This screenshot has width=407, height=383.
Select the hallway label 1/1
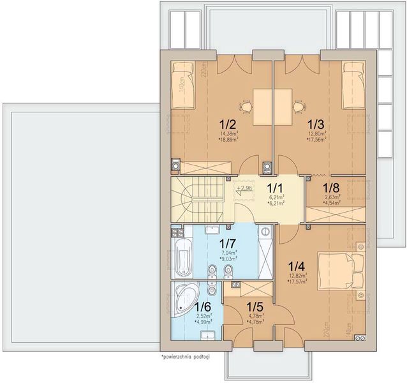274,188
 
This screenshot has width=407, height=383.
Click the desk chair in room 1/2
244,106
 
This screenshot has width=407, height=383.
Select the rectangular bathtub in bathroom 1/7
182,259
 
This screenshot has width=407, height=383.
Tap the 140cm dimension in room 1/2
182,84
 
